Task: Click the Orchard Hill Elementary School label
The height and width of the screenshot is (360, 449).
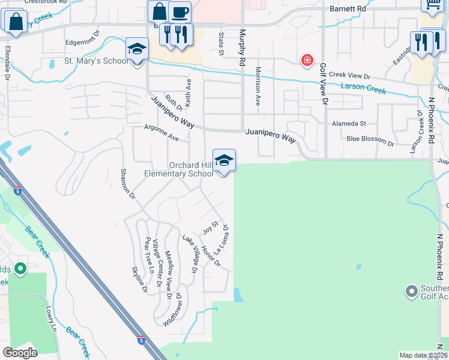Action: point(179,169)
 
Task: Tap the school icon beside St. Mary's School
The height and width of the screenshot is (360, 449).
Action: point(137,49)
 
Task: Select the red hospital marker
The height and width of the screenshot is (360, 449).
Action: point(307,60)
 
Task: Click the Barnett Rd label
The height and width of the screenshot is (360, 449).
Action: point(348,10)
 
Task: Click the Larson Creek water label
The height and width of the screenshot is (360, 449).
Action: point(363,88)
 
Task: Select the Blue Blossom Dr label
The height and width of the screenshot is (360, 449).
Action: point(370,144)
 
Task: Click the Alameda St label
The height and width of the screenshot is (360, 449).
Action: point(349,124)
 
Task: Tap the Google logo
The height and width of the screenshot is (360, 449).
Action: point(20,352)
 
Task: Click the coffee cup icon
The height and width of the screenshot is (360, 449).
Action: point(179,12)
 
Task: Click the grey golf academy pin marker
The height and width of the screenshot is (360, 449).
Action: point(411,292)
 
